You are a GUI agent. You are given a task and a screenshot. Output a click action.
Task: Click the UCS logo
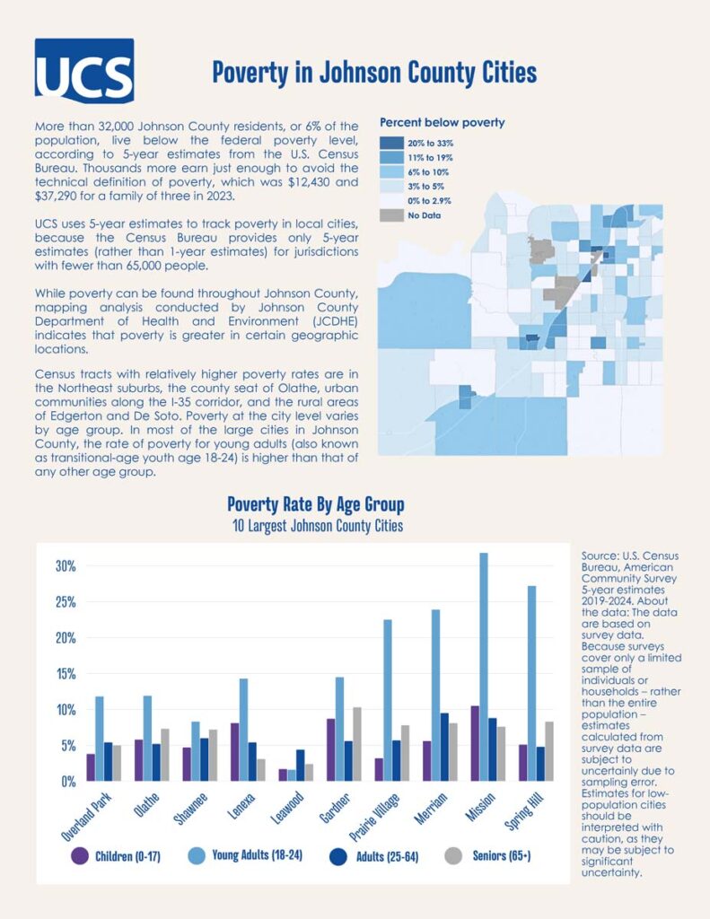point(83,70)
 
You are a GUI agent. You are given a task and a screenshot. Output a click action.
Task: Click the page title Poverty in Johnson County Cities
point(374,72)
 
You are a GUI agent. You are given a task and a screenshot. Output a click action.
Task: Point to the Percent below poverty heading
point(443,122)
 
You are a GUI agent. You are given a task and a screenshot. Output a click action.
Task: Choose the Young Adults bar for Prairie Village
point(387,700)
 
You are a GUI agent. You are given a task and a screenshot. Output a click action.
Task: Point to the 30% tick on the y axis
point(66,566)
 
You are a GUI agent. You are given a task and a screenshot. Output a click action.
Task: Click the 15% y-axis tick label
point(66,674)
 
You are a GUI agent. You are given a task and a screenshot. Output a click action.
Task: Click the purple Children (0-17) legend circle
point(80,855)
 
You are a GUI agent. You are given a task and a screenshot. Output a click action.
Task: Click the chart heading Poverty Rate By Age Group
point(316,504)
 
